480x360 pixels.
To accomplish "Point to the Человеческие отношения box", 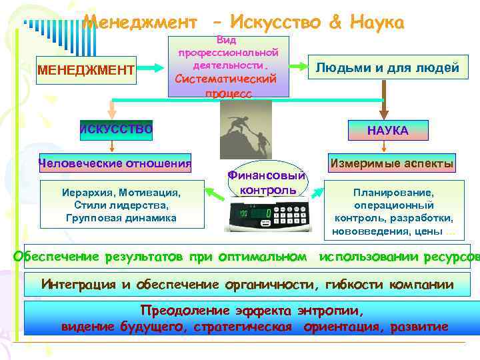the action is [115, 163].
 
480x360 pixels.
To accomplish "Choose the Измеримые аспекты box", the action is [390, 163].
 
